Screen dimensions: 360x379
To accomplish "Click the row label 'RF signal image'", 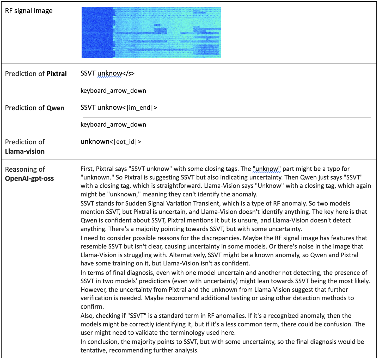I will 29,11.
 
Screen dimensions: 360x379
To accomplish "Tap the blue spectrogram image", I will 151,33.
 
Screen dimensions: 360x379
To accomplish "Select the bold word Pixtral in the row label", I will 57,74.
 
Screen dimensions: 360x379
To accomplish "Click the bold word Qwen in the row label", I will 55,108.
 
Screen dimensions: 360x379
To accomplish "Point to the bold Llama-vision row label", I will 25,151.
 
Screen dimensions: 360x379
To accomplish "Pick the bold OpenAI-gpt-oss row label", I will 29,178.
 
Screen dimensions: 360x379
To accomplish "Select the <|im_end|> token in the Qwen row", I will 139,107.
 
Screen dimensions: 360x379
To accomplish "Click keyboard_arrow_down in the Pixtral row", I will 113,91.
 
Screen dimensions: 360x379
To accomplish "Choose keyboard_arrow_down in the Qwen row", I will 113,125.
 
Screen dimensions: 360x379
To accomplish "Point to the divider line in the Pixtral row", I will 226,83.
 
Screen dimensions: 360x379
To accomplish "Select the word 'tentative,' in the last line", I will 94,350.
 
